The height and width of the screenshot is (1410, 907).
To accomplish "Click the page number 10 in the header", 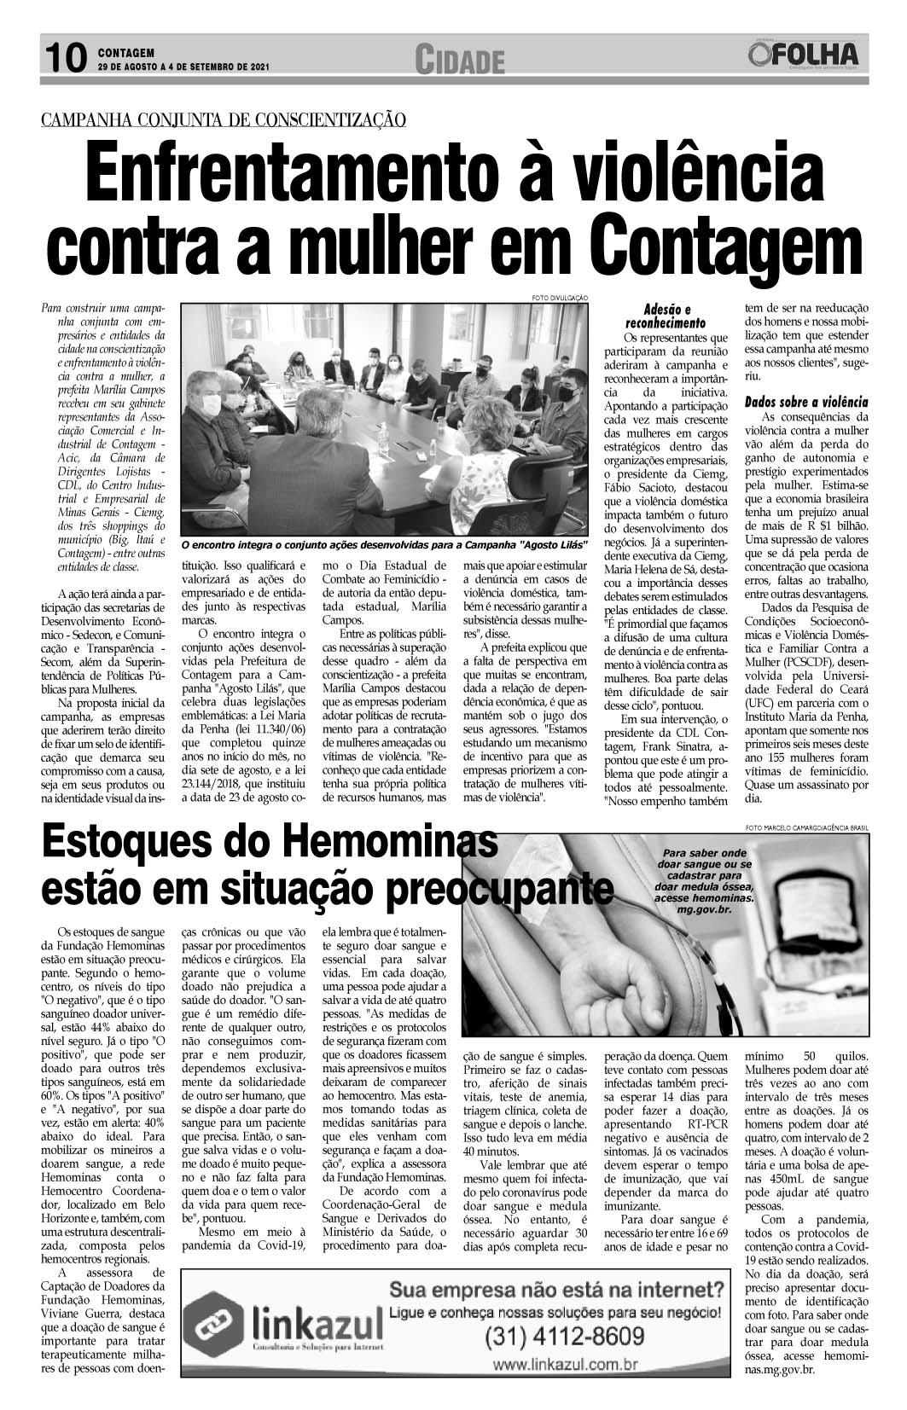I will [63, 57].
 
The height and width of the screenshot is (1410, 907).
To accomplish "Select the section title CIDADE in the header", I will [460, 60].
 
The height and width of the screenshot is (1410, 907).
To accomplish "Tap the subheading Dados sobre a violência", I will [805, 401].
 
